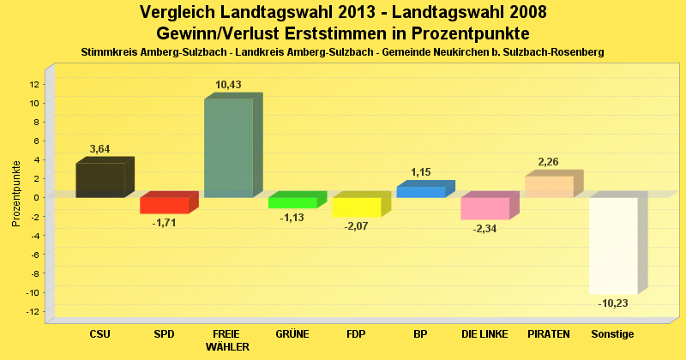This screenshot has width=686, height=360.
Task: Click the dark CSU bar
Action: coord(100,180)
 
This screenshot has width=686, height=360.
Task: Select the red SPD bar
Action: coord(164,206)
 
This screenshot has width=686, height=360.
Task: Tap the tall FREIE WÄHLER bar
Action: coord(228,147)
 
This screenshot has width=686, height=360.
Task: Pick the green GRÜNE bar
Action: coord(292,202)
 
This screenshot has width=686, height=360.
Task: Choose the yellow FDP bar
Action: coord(356,207)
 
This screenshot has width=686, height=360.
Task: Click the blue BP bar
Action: coord(420,192)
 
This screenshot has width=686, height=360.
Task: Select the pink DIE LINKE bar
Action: coord(484,208)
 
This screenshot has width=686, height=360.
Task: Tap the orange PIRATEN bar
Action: coord(549,187)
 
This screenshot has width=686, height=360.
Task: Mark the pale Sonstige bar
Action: coord(613,245)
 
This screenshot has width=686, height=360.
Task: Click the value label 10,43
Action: coord(228,84)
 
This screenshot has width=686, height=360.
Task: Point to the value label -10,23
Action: coord(613,303)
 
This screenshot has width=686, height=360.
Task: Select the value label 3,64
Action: coord(100,149)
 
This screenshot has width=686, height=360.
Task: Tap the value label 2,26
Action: coord(549,162)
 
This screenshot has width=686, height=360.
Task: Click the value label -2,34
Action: coord(484,228)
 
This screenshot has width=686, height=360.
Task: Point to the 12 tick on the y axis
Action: coord(33,84)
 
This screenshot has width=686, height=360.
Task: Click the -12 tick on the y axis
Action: coord(33,311)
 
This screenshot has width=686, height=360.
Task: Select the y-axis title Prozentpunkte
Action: coord(15,194)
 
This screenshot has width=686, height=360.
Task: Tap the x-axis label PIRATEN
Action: coord(549,333)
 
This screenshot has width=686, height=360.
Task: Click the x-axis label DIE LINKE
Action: coord(484,333)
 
